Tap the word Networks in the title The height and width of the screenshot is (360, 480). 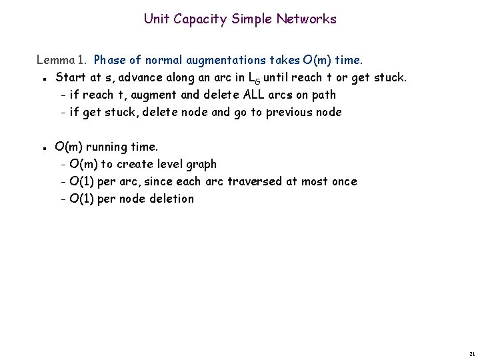click(308, 19)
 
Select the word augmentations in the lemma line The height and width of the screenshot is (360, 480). click(218, 60)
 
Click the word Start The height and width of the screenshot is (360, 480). click(69, 77)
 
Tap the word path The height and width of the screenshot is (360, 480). click(324, 95)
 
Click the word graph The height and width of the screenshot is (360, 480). click(201, 165)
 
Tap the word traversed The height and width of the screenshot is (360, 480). click(255, 181)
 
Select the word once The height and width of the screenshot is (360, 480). click(343, 181)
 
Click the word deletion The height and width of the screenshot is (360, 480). click(171, 199)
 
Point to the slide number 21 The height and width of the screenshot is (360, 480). click(471, 353)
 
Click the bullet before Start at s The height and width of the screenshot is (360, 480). click(43, 79)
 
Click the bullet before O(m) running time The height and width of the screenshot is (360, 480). click(43, 147)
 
